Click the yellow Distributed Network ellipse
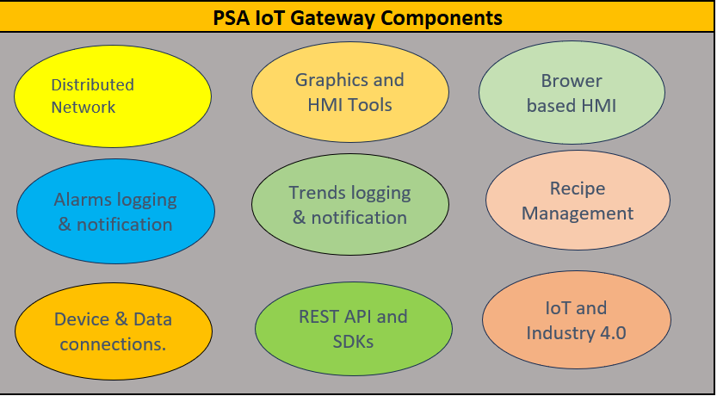[x=112, y=95]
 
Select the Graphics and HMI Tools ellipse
[x=349, y=93]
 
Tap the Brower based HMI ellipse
[x=571, y=93]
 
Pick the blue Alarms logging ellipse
[x=115, y=212]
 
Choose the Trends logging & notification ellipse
[x=349, y=205]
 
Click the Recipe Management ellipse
[x=578, y=201]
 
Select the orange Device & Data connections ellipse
[x=114, y=331]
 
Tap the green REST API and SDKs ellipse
[x=353, y=329]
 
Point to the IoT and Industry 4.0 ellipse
[x=576, y=320]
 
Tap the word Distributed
[x=93, y=84]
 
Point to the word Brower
[x=572, y=81]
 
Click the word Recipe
[x=578, y=188]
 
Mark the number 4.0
[x=612, y=333]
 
